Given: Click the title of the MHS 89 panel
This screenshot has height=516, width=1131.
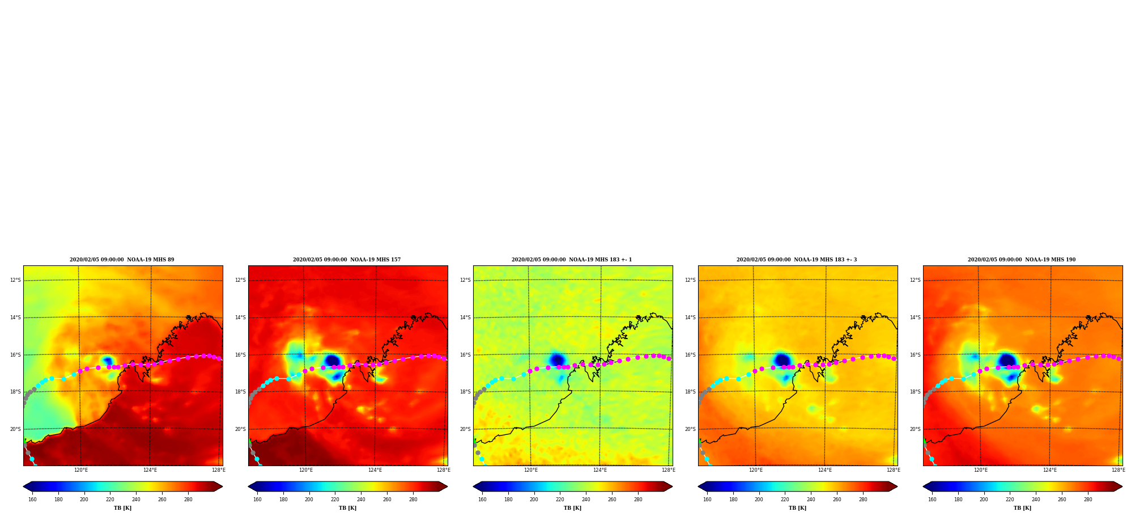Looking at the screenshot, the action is (x=122, y=260).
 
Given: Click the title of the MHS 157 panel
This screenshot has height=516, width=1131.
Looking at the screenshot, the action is (x=347, y=260).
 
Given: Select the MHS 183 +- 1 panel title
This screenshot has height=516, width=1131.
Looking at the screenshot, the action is (x=572, y=260).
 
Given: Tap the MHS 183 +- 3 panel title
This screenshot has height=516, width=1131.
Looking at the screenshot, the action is (x=797, y=260).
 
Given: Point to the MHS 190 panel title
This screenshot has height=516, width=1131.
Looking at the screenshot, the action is (x=1022, y=260).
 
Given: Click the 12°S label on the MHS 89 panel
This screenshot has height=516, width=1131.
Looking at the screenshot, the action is (x=15, y=280).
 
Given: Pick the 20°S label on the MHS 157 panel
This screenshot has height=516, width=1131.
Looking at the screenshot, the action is (x=240, y=429).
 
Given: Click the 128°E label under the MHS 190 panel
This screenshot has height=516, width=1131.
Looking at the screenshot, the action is (x=1119, y=470).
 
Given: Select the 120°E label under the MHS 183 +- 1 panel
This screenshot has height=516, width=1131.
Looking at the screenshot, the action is (x=531, y=470).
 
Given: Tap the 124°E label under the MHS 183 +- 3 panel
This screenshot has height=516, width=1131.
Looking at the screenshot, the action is (x=825, y=470).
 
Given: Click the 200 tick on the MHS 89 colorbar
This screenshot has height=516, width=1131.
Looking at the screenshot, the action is (x=84, y=500).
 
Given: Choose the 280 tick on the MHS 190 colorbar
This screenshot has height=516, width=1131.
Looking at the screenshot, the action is (x=1088, y=500).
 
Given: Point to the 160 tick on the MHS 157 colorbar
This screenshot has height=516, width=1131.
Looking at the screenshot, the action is (x=257, y=500).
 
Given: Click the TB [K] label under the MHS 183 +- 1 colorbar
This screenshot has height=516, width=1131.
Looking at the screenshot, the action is (x=572, y=508).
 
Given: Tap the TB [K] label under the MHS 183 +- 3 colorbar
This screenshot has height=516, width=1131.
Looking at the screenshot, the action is (x=797, y=508).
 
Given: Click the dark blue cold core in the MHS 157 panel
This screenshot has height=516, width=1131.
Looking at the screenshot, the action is (x=332, y=361).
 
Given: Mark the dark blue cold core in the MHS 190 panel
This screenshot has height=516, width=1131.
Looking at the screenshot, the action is (x=1007, y=359).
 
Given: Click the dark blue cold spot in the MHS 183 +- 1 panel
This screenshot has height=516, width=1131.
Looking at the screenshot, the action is (x=557, y=359).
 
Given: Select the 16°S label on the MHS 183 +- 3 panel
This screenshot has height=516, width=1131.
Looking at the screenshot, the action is (x=690, y=355).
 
